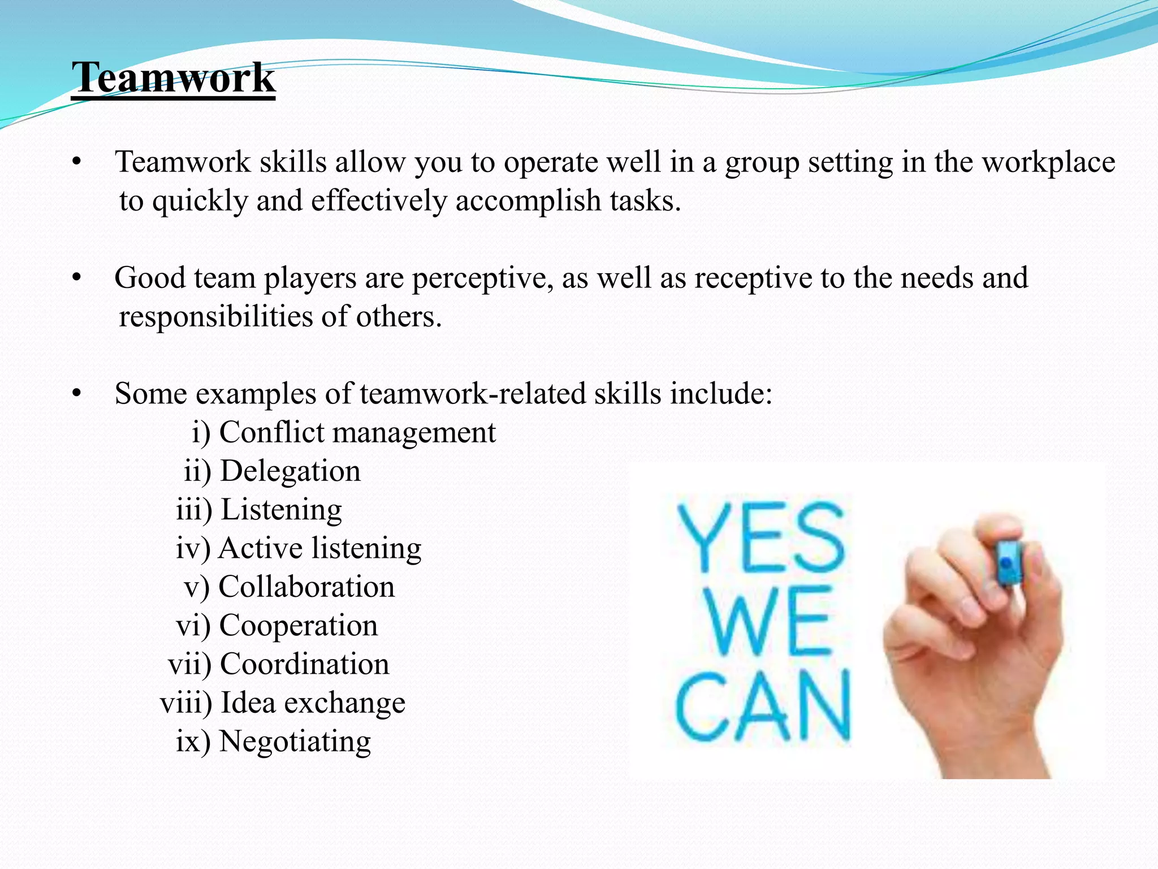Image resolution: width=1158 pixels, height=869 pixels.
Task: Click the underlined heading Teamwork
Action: click(174, 78)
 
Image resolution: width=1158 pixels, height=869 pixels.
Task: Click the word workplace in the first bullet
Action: click(1048, 162)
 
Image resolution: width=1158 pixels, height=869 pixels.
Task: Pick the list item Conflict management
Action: click(357, 433)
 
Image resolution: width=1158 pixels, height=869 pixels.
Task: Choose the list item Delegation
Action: click(290, 471)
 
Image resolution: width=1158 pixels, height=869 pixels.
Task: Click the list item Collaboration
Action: click(306, 587)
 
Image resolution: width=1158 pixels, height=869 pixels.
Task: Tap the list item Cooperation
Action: click(298, 626)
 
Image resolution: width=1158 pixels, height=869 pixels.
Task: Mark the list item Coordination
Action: click(304, 664)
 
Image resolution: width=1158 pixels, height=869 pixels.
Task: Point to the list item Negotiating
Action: click(295, 742)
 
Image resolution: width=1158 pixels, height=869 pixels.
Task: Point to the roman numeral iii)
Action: click(194, 510)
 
